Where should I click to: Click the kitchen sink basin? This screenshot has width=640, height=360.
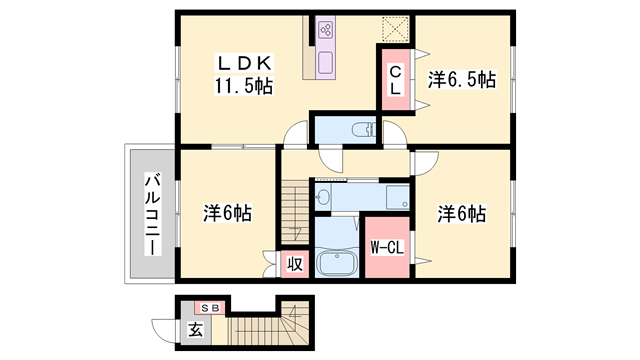tap(326, 65)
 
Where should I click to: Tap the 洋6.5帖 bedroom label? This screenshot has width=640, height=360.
tap(463, 80)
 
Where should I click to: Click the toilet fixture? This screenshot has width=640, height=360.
tap(362, 128)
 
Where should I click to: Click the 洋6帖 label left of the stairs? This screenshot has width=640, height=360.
tap(229, 213)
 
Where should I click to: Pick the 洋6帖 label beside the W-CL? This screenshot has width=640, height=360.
tap(463, 213)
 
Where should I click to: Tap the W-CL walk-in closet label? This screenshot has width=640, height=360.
tap(386, 246)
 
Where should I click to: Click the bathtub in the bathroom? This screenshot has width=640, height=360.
tap(338, 263)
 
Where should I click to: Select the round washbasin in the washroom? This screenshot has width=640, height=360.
tap(322, 198)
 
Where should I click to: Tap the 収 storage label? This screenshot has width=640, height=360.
tap(295, 264)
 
